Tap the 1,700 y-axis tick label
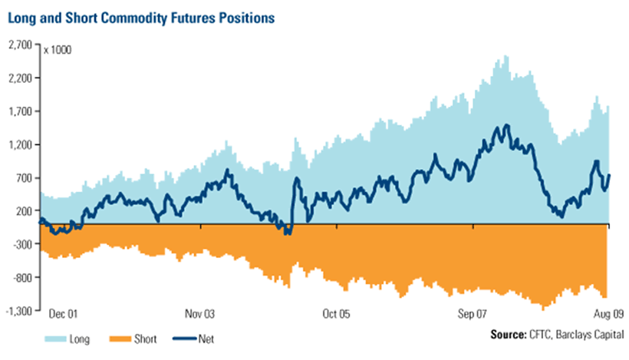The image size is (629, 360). coord(18,111)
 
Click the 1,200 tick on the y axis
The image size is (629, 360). coord(18,144)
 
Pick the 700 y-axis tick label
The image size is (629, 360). coord(22,178)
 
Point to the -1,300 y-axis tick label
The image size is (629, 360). coord(17,311)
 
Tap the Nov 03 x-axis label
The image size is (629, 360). coord(199,314)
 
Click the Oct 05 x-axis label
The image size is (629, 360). coord(335,314)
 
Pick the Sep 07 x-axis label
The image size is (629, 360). coord(472,314)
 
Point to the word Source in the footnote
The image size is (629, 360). coord(507,335)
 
